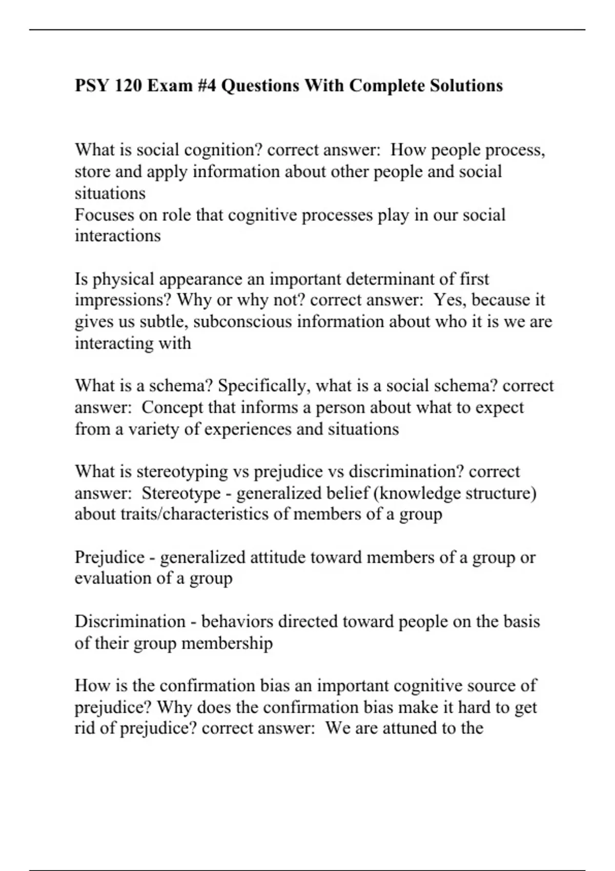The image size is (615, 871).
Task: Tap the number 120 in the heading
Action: [128, 85]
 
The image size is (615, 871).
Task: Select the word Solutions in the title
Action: [466, 85]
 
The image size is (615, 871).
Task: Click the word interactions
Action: [117, 236]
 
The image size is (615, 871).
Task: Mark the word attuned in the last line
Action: [406, 728]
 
